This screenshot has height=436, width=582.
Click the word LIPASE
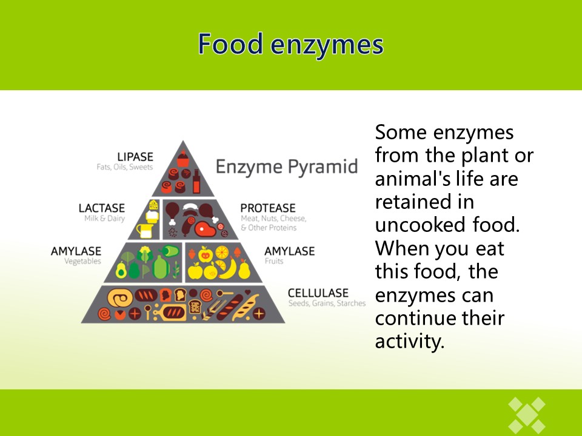pos(135,157)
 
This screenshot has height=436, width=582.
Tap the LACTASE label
pos(102,208)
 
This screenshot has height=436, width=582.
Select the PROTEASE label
pos(268,208)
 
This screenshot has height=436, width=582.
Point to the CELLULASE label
pos(318,293)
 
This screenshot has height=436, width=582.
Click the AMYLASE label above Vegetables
pos(76,251)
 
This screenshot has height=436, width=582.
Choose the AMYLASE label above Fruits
pos(290,251)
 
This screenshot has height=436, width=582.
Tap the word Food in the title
pos(230,44)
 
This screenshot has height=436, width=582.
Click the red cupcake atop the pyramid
pos(182,159)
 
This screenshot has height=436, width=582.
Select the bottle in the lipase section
pos(196,181)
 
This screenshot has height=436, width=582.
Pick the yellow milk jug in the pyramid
pos(145,230)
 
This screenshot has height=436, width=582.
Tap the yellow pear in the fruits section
pos(244,269)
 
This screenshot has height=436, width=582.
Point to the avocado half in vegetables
pos(121,270)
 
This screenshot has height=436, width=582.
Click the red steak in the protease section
pos(205,229)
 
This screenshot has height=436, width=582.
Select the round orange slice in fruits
pos(222,253)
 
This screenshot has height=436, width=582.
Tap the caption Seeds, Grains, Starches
pos(327,303)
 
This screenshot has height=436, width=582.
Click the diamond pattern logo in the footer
pos(527,415)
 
